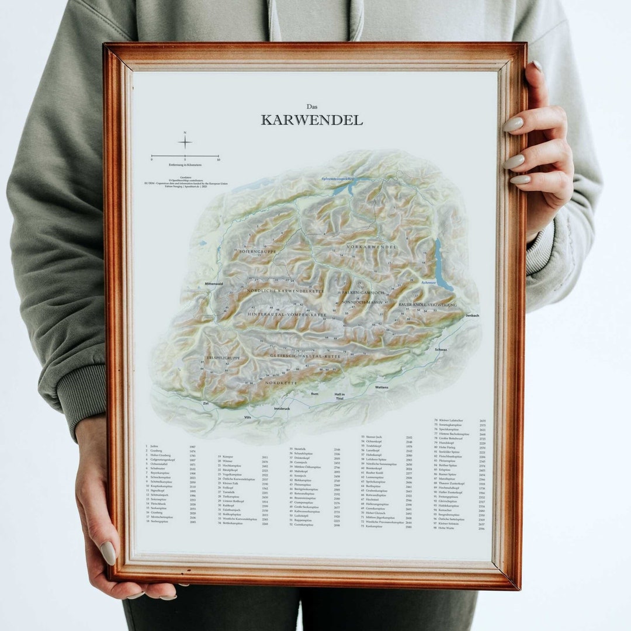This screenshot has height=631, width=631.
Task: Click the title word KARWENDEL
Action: [x=311, y=120]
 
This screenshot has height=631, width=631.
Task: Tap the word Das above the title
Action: [x=312, y=106]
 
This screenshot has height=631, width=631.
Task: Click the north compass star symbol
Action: [x=185, y=142]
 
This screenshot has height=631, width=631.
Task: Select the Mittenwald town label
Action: [x=213, y=283]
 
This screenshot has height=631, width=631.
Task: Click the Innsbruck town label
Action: [x=282, y=408]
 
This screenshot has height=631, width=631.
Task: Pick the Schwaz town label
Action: [x=441, y=349]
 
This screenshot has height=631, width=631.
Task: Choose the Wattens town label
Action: [x=382, y=387]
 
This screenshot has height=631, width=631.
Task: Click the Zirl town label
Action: [x=206, y=403]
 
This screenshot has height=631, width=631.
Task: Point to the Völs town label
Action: [x=248, y=417]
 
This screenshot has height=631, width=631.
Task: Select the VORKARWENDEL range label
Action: [x=371, y=247]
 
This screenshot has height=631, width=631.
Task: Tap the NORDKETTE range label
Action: [x=281, y=383]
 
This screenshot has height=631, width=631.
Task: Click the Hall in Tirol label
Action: [x=339, y=396]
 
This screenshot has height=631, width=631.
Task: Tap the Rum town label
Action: [x=314, y=394]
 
